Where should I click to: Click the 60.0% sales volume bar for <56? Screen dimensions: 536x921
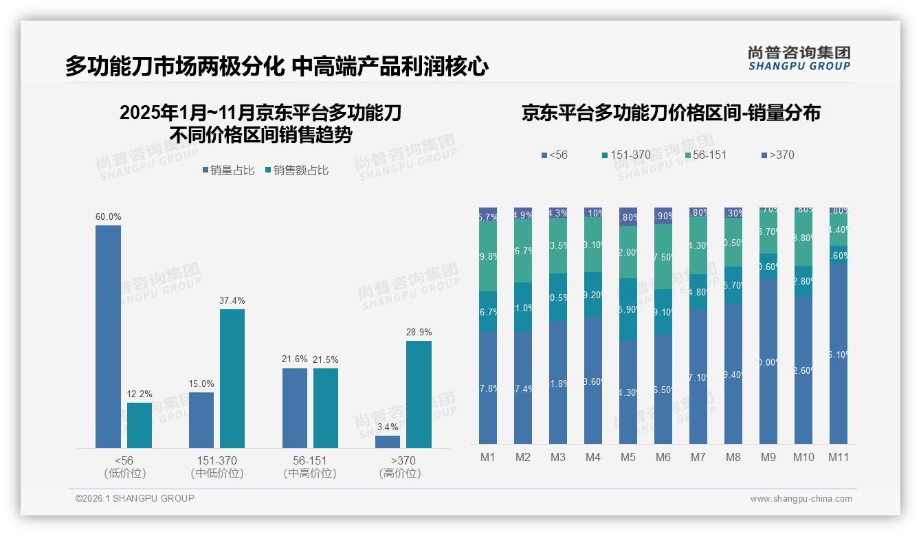[108, 337]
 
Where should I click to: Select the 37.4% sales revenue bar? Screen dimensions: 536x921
[232, 379]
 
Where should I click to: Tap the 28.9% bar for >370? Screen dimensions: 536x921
[419, 394]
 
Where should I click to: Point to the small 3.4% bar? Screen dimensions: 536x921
[388, 442]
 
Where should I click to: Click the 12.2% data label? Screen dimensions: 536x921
[140, 394]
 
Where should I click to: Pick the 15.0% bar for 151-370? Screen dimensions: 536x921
[201, 420]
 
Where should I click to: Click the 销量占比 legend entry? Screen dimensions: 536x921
[230, 170]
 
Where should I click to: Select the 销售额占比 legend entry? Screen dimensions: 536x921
[296, 170]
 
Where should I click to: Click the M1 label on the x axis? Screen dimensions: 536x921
[488, 458]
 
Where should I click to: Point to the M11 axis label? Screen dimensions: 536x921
[838, 458]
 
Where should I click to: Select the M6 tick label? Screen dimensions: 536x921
[663, 458]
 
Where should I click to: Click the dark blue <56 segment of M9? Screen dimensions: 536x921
[768, 361]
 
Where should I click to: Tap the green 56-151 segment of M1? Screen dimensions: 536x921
[488, 256]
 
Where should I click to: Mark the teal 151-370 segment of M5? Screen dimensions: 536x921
[628, 309]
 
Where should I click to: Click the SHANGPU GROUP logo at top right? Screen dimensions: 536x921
[799, 58]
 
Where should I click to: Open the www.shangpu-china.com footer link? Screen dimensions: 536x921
[801, 499]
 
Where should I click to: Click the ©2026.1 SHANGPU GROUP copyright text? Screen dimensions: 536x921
[135, 498]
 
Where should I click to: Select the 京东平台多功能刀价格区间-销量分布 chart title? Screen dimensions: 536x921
[671, 113]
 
